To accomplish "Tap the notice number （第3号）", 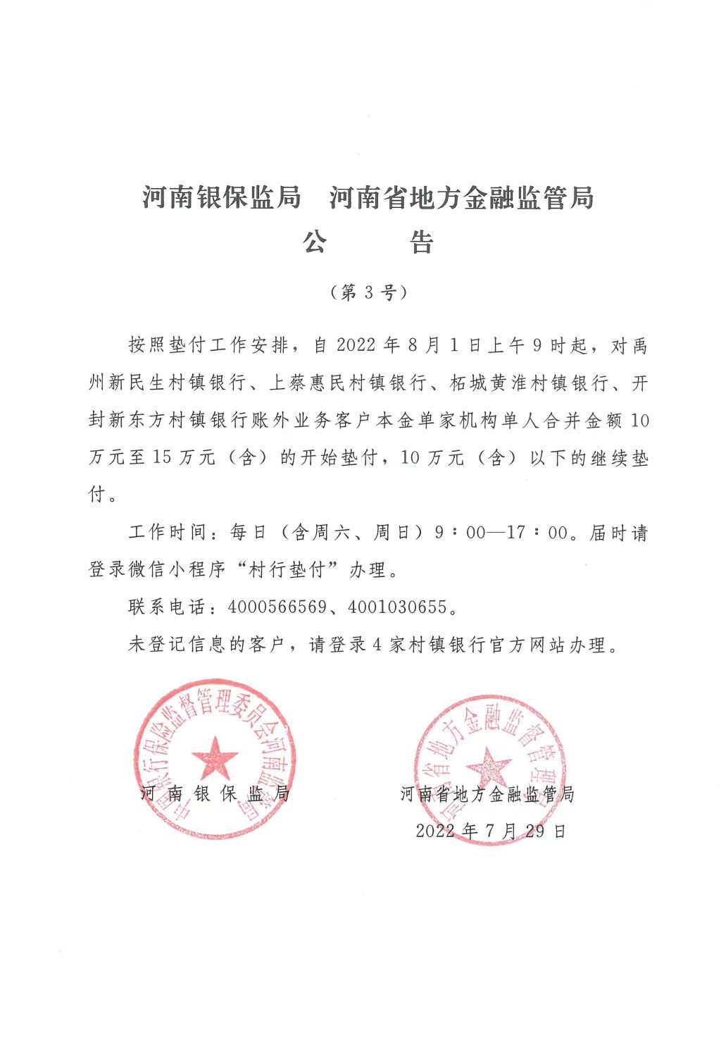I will pos(368,292).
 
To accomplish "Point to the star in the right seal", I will pos(488,765).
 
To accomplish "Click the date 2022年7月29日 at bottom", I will pos(491,831).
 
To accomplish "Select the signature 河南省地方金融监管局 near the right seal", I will pos(487,794).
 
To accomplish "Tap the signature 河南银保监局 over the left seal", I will pos(215,793).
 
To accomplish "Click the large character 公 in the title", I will pos(315,243).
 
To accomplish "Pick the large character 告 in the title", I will pos(422,243).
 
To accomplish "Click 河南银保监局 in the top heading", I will pos(221,198).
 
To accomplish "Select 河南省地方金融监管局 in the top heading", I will pos(462,198).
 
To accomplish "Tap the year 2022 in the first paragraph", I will pos(356,346).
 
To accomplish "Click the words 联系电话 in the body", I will pos(167,607).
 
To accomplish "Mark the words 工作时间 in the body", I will pos(167,533).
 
